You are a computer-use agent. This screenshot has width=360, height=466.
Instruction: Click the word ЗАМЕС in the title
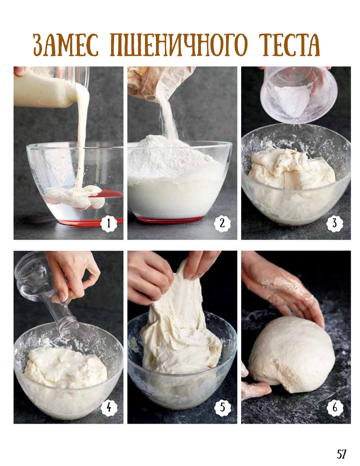(65, 45)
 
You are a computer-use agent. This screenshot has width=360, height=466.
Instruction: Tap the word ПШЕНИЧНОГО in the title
(179, 45)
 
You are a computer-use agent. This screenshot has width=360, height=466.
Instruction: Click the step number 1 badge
(109, 223)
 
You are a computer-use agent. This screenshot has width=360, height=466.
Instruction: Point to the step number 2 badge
(222, 223)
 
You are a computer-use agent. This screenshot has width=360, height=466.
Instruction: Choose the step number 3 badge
(335, 223)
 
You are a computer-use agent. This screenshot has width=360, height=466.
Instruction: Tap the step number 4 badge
(109, 407)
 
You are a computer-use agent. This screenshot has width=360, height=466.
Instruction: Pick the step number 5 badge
(223, 407)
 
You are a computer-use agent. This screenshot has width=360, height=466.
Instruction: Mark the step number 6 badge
(335, 407)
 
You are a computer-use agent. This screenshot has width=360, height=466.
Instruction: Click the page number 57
(341, 454)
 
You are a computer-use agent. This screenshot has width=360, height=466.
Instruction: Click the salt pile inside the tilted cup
(292, 101)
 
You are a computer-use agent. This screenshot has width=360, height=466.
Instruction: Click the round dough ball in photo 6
(292, 353)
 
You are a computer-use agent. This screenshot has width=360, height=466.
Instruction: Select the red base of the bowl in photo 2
(170, 220)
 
